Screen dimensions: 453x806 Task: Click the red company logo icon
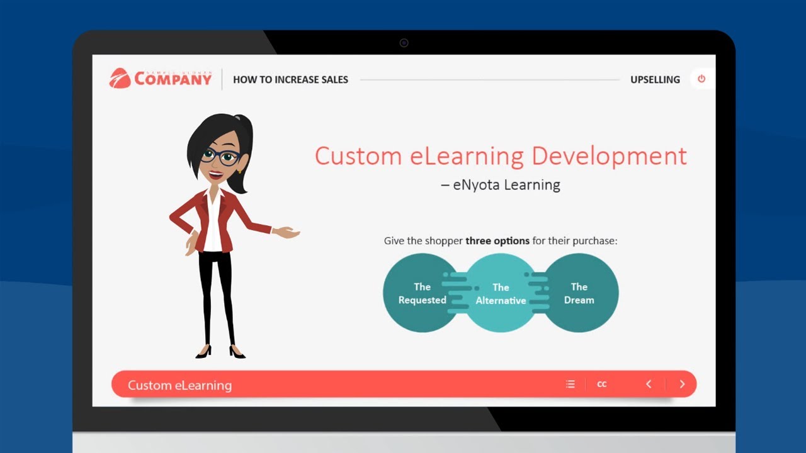[120, 78]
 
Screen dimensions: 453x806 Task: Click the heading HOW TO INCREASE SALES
[290, 80]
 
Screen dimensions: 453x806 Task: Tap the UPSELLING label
[655, 80]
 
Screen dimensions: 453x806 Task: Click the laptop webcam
[404, 43]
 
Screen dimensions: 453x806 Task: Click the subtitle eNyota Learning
[506, 185]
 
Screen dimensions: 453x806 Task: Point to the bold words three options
[497, 241]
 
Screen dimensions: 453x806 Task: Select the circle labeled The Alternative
[501, 294]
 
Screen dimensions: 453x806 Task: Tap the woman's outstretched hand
[287, 232]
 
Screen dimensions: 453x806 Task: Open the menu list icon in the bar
[570, 384]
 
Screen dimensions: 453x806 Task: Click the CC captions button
[602, 384]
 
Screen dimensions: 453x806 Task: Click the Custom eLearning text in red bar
[179, 385]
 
